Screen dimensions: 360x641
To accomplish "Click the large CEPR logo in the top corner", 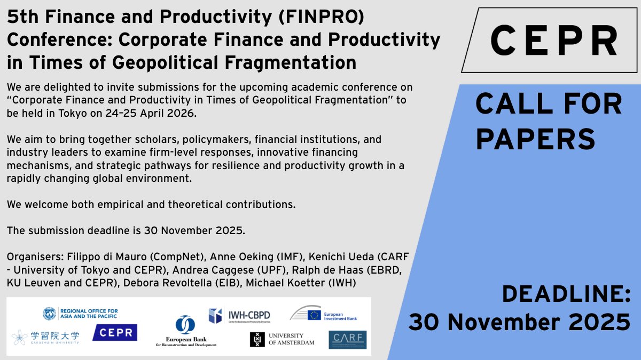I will (553, 41).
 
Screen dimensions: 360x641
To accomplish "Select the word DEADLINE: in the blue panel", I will (567, 294).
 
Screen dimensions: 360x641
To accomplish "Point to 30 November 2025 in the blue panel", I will (519, 321).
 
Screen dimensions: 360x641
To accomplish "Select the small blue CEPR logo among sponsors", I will (115, 333).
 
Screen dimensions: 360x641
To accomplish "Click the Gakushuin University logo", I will (46, 337).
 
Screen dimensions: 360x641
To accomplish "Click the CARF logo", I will (347, 339).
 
